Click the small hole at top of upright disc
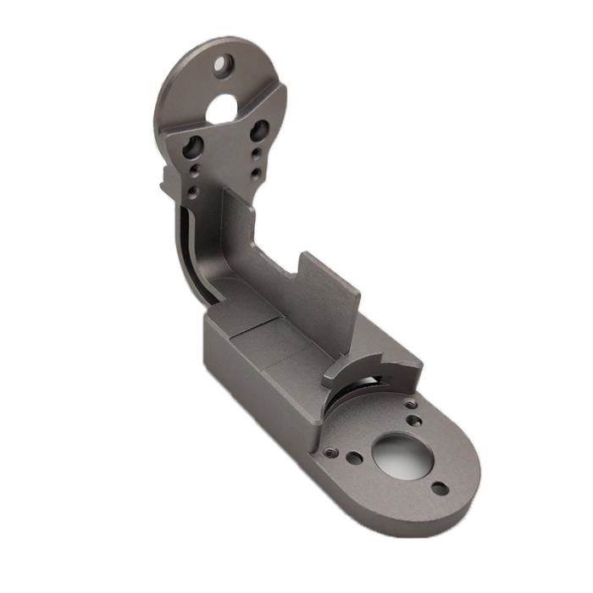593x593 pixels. coord(224,63)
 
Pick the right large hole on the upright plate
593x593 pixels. coord(259,130)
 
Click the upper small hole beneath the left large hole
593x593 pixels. coord(197,169)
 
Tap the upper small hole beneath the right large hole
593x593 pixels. coord(256,154)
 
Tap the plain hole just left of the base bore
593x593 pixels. coord(356,458)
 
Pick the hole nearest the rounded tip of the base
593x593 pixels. coord(439,488)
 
